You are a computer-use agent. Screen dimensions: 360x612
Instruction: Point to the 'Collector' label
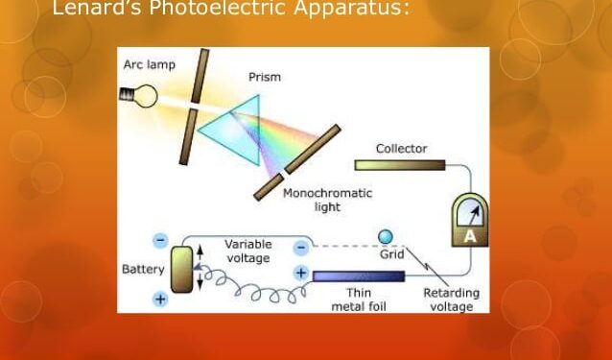point(401,149)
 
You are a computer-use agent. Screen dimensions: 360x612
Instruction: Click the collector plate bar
point(399,164)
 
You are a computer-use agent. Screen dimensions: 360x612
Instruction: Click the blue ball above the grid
point(386,237)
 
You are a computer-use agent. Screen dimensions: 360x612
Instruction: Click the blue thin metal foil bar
point(357,276)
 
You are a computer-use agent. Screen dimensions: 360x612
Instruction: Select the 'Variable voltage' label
point(248,251)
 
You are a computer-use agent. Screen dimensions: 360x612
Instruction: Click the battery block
point(181,269)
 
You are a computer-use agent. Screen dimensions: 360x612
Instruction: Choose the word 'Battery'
point(144,269)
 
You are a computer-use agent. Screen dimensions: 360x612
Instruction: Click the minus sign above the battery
point(160,240)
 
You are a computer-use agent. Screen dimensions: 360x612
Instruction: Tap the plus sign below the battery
point(160,299)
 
